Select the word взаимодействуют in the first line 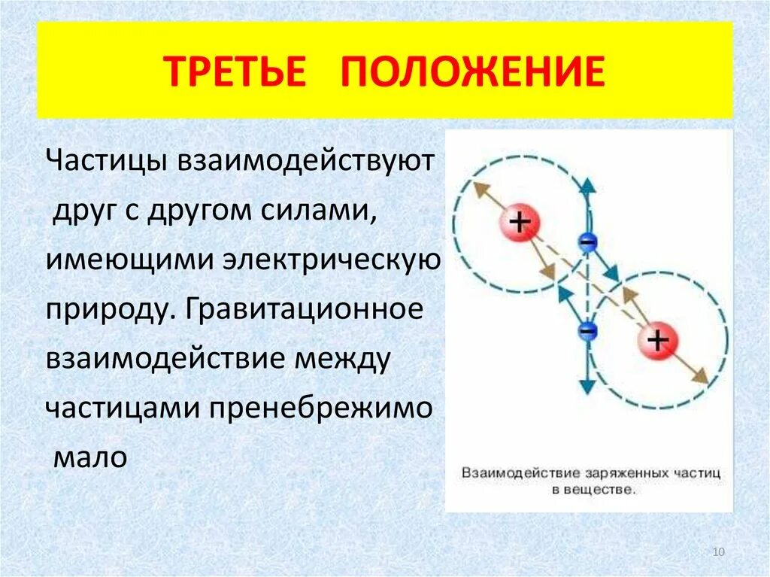(305, 161)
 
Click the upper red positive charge (519, 222)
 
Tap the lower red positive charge (658, 342)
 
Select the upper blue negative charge (587, 241)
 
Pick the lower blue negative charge (587, 330)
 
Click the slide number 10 (717, 553)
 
